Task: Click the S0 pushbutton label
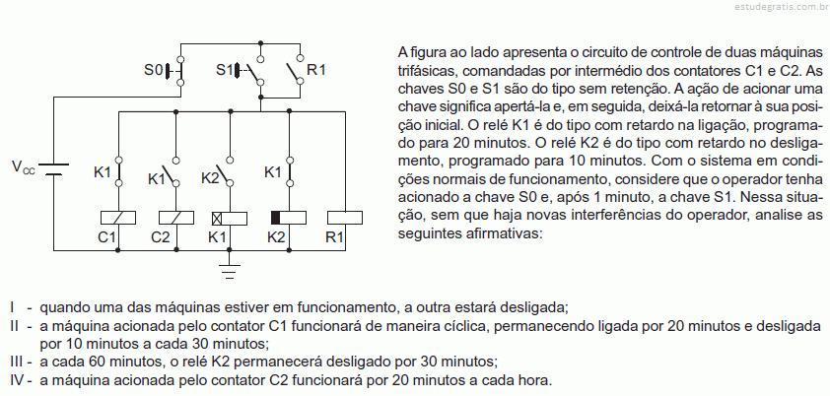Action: (x=154, y=69)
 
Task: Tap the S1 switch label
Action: (x=225, y=69)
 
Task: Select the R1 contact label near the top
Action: (x=316, y=69)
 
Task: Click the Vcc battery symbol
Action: (x=53, y=168)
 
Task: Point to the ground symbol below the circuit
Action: (x=230, y=271)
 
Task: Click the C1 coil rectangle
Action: (x=118, y=218)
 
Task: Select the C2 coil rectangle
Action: (x=176, y=218)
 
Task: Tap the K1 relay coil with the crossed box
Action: (x=230, y=218)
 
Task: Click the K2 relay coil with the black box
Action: (x=289, y=218)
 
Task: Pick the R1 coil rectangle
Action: (x=345, y=218)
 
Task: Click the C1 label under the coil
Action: (x=106, y=237)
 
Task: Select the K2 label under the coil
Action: (x=276, y=237)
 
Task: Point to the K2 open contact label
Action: (x=210, y=178)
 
